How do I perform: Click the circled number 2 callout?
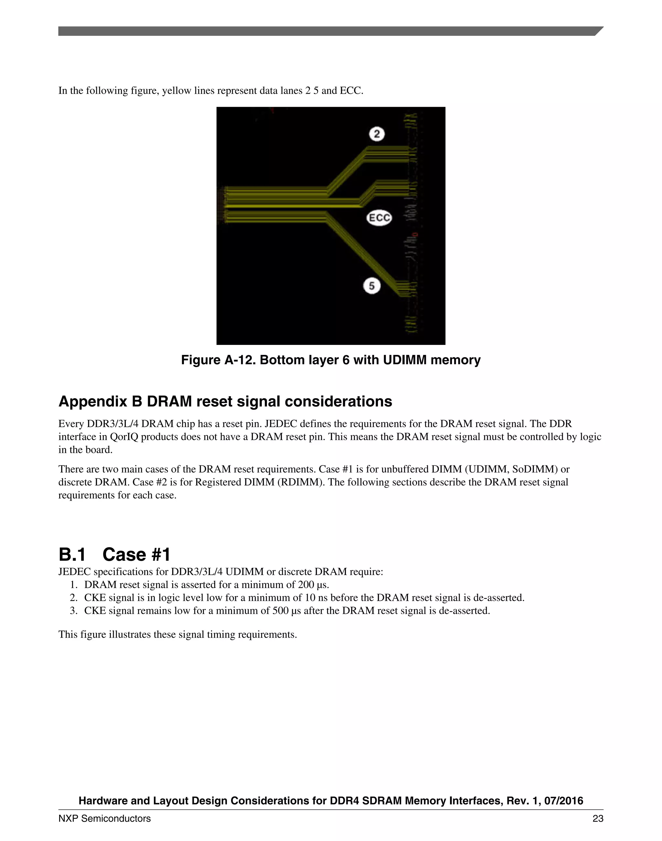pos(377,134)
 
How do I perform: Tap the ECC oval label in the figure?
pos(379,218)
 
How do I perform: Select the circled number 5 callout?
pos(372,286)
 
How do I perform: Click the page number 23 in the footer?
pos(598,818)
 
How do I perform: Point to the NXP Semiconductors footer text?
pos(105,818)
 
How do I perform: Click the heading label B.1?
pos(72,555)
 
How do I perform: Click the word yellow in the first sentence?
pos(175,91)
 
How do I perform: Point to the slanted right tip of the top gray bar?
pos(599,31)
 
